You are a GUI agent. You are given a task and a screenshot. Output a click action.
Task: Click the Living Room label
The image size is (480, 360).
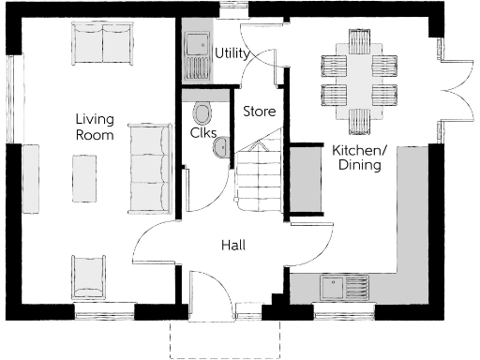click(95, 127)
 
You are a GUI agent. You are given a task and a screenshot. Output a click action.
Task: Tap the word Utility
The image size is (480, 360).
click(232, 53)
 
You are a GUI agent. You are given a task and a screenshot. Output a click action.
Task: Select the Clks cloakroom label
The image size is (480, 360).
click(203, 132)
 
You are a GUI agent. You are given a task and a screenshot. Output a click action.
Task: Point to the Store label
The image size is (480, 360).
click(259, 111)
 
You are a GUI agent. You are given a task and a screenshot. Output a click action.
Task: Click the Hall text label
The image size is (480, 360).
click(233, 245)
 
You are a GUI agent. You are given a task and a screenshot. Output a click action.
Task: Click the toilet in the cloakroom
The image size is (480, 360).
click(202, 113)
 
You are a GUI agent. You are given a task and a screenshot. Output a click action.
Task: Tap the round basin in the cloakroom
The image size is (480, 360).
click(221, 147)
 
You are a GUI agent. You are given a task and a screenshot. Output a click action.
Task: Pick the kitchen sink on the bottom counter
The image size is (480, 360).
click(334, 286)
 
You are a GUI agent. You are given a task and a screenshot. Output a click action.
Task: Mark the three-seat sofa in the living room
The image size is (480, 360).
click(146, 167)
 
